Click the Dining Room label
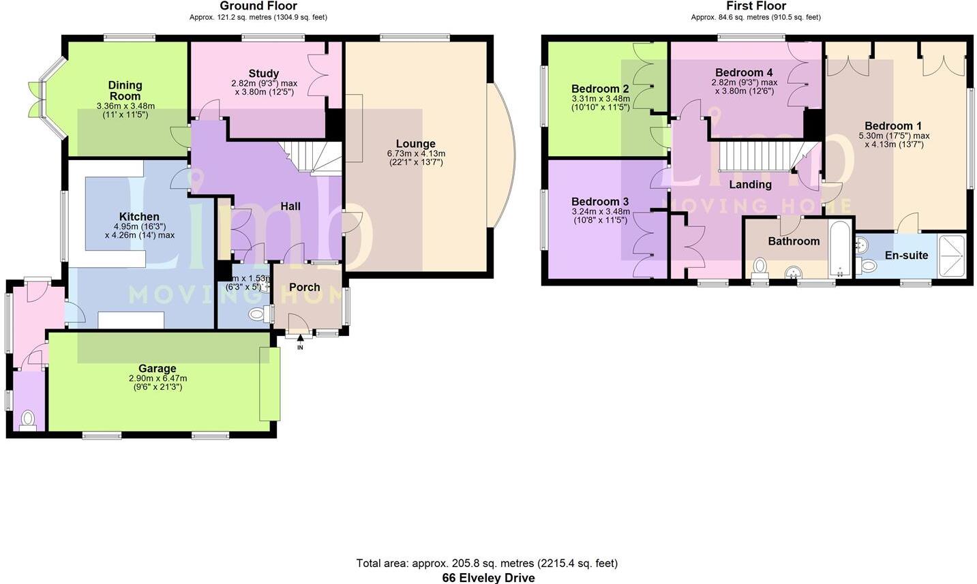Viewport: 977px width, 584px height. coord(125,91)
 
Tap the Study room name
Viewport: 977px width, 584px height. coord(263,74)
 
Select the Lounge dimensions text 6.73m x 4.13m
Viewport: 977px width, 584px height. coord(415,154)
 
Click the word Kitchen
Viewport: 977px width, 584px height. coord(139,217)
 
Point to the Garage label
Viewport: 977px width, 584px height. coord(157,369)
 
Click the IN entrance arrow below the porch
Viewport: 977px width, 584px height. coord(300,339)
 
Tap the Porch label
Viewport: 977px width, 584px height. coord(304,287)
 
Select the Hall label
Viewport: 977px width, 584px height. coord(290,206)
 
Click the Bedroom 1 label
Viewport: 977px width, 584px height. coord(893,126)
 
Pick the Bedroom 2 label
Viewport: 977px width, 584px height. coord(600,89)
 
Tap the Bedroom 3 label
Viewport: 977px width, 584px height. coord(600,202)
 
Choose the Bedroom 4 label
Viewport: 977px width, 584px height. coord(744,72)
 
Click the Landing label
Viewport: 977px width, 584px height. coord(750,185)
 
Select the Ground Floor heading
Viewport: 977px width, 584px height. coord(258,6)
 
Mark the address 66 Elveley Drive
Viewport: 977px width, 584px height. coord(488,578)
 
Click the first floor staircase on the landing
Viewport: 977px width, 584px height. coord(757,156)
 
